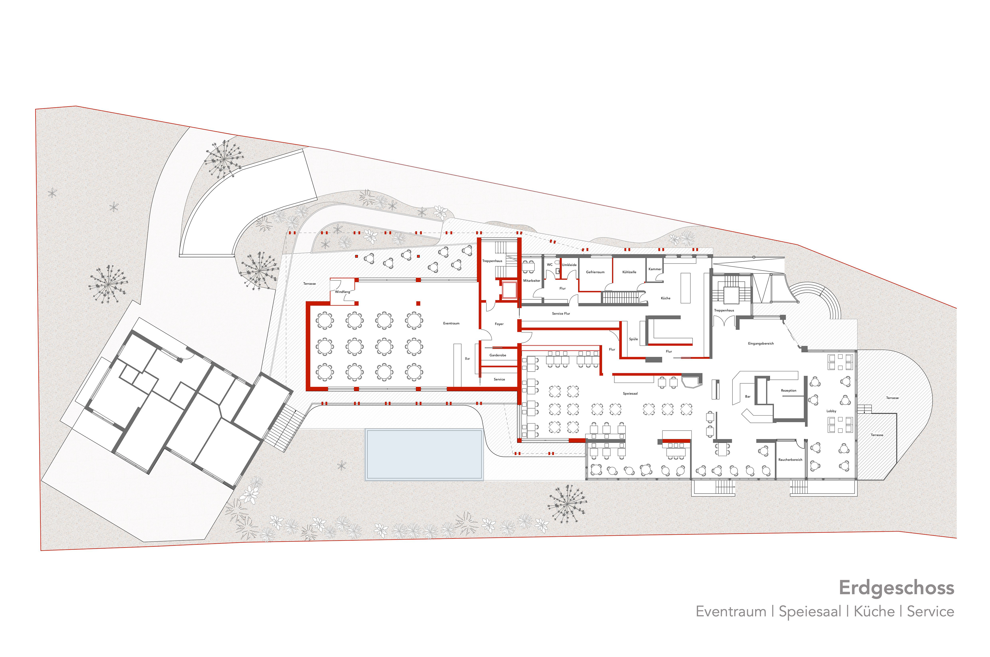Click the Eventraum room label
(451, 323)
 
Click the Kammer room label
(655, 269)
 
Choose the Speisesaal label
(630, 393)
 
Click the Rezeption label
(788, 391)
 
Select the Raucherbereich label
(790, 460)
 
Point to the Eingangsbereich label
(761, 344)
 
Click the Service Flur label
(561, 313)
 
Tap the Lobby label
(831, 411)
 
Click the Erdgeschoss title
(896, 588)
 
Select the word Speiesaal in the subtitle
(810, 612)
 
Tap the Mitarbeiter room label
(531, 281)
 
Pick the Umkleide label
(569, 265)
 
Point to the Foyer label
(499, 324)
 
